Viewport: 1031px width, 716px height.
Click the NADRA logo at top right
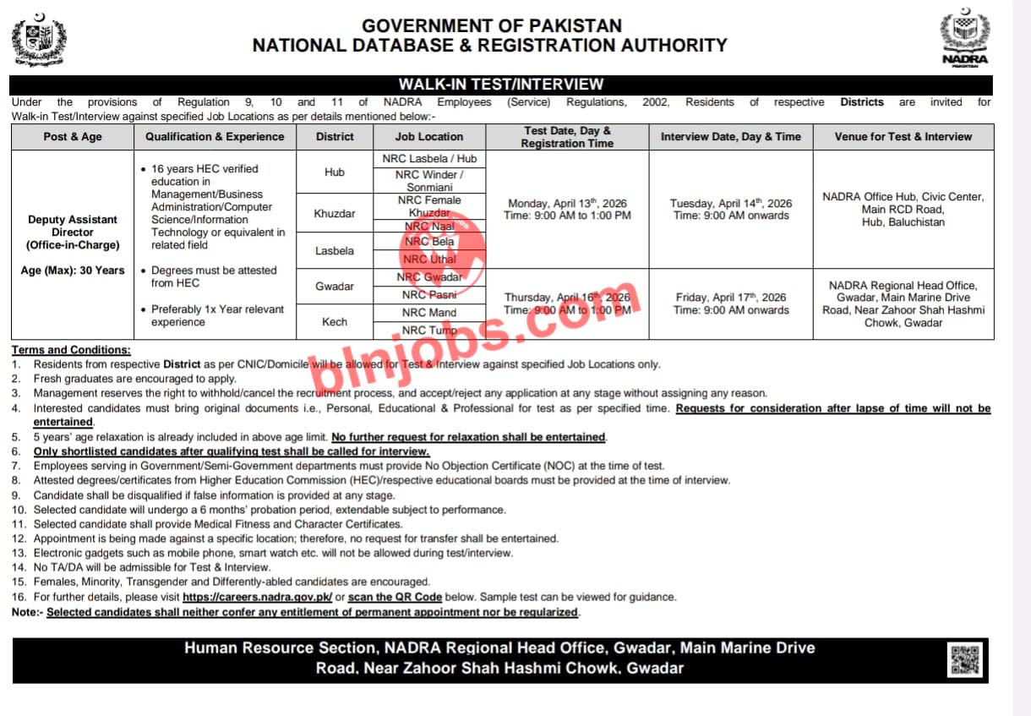pyautogui.click(x=964, y=39)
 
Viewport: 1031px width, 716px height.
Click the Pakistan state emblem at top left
pyautogui.click(x=38, y=40)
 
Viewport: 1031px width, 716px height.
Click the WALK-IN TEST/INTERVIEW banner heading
pyautogui.click(x=501, y=85)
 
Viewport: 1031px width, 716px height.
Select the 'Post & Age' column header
pyautogui.click(x=73, y=137)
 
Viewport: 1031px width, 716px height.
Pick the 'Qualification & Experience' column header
pyautogui.click(x=215, y=137)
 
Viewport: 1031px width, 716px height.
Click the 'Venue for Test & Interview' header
pyautogui.click(x=903, y=137)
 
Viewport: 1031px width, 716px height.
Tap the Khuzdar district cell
pyautogui.click(x=334, y=214)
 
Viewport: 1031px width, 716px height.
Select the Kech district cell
pyautogui.click(x=334, y=322)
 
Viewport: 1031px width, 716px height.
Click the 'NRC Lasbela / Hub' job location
pyautogui.click(x=430, y=159)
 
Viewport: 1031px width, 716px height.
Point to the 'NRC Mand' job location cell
pyautogui.click(x=429, y=313)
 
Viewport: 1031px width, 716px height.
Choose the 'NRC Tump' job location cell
pyautogui.click(x=429, y=331)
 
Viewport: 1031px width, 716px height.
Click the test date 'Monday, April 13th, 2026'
pyautogui.click(x=567, y=204)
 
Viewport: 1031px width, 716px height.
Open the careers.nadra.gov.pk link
pyautogui.click(x=258, y=597)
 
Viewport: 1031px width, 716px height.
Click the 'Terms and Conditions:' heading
pyautogui.click(x=72, y=350)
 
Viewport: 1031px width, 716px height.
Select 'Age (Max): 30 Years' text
pyautogui.click(x=73, y=271)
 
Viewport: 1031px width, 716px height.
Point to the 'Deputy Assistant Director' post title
pyautogui.click(x=73, y=226)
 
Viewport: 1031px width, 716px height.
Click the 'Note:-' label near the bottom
pyautogui.click(x=28, y=612)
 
